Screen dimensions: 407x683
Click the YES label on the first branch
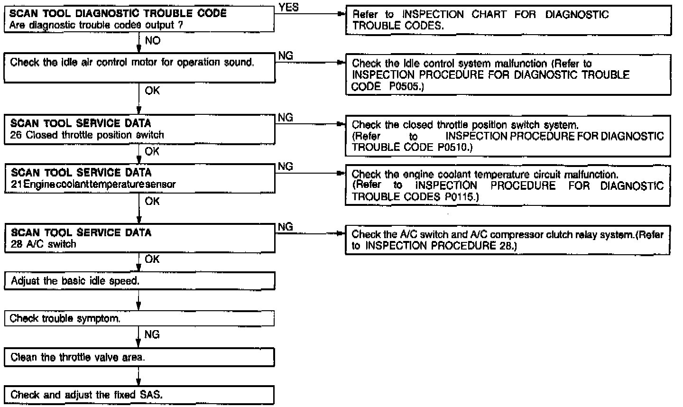pos(289,8)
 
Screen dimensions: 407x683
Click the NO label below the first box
pos(152,41)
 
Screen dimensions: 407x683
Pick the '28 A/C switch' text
pos(43,244)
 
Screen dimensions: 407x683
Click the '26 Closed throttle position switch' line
pos(87,135)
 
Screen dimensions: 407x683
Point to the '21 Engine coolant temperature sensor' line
pos(93,185)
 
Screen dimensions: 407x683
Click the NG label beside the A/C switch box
pos(286,227)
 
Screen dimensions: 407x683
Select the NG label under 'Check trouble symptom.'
pos(152,335)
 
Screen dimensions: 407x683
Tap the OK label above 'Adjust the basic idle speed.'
pos(152,259)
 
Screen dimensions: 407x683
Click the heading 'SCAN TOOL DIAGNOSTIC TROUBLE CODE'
pos(118,14)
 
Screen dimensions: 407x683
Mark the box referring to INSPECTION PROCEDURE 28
pos(508,240)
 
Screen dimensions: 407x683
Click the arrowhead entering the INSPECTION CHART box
pos(340,14)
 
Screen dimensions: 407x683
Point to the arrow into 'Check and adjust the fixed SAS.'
pos(138,382)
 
